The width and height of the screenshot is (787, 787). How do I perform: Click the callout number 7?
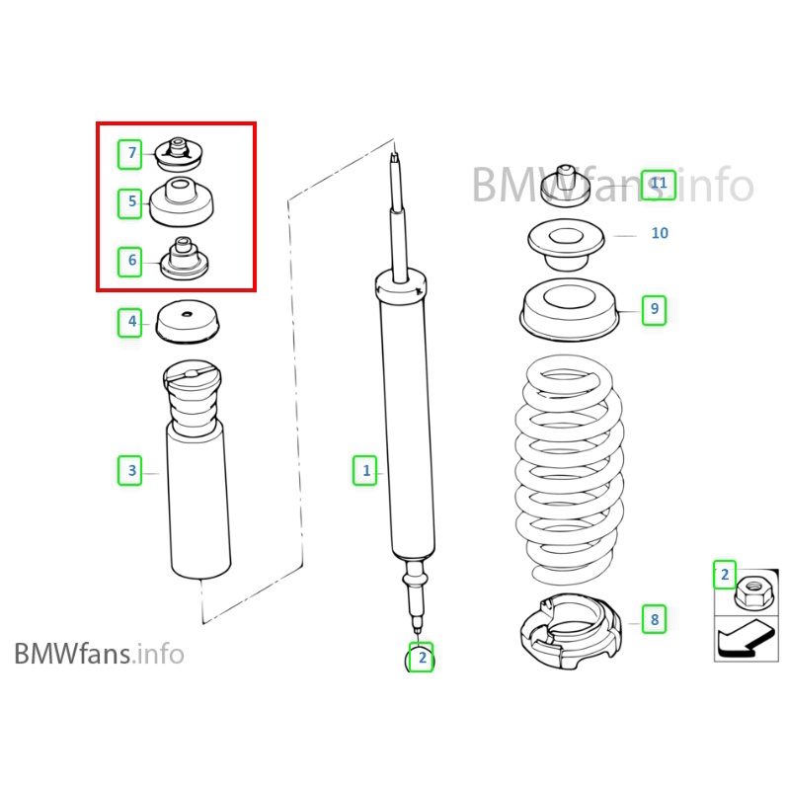click(x=131, y=154)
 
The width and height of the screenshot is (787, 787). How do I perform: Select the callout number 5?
click(x=131, y=203)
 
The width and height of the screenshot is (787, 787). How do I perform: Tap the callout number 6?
click(x=131, y=262)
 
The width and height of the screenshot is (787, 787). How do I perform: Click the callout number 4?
click(x=131, y=321)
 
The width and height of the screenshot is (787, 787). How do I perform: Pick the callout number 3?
click(x=131, y=471)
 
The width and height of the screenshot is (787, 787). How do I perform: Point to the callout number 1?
click(x=366, y=470)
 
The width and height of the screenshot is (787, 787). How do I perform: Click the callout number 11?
click(x=659, y=184)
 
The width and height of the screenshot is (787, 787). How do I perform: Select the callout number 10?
click(x=660, y=233)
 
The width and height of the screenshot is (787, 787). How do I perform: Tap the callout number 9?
click(x=653, y=309)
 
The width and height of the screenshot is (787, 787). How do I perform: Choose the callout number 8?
click(x=653, y=620)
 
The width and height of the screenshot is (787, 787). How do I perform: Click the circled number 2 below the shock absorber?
click(x=422, y=658)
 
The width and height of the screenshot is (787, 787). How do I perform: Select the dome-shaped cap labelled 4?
click(x=188, y=320)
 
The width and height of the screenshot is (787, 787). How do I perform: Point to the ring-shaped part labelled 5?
click(x=180, y=201)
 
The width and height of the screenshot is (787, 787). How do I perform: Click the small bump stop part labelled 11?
click(x=567, y=183)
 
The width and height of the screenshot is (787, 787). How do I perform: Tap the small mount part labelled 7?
click(x=179, y=154)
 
